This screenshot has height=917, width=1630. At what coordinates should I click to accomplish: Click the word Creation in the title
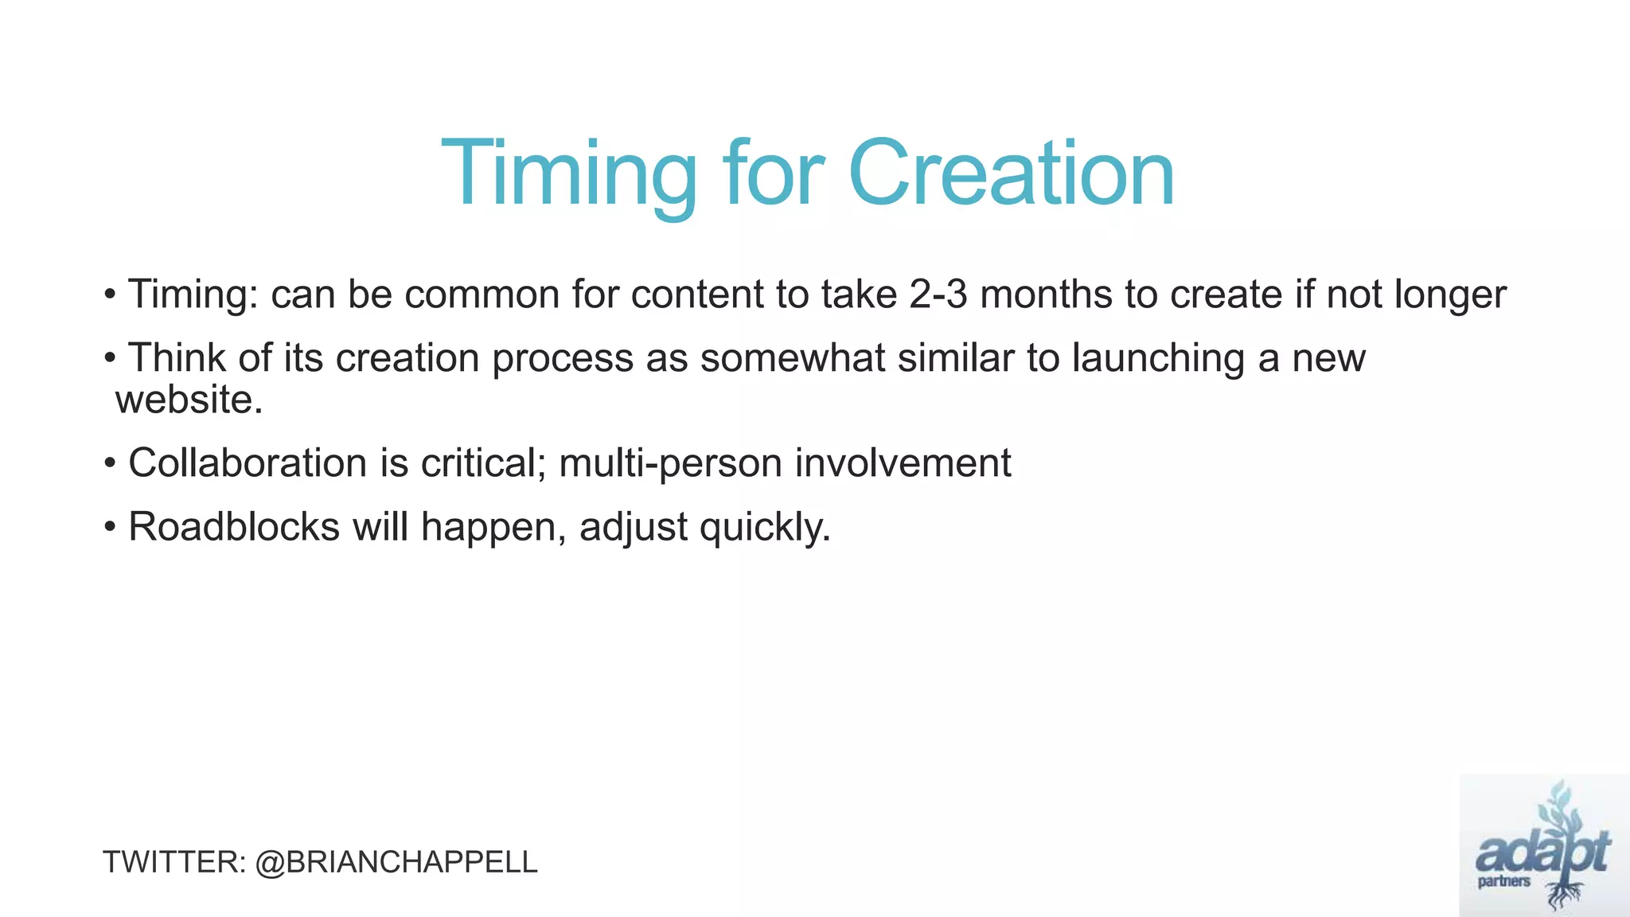point(1011,174)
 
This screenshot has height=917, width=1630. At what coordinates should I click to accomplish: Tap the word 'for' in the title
point(772,174)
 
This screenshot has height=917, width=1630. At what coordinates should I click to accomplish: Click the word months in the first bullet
point(1046,295)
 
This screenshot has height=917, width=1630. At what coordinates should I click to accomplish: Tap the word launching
point(1158,358)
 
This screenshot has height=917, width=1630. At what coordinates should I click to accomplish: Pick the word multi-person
point(670,463)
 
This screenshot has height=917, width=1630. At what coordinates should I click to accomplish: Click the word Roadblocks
point(234,527)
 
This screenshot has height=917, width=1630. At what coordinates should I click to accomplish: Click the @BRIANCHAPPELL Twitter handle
point(396,862)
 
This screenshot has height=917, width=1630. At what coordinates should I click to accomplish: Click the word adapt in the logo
point(1542,853)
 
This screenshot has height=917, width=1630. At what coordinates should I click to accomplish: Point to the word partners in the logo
point(1503,882)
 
